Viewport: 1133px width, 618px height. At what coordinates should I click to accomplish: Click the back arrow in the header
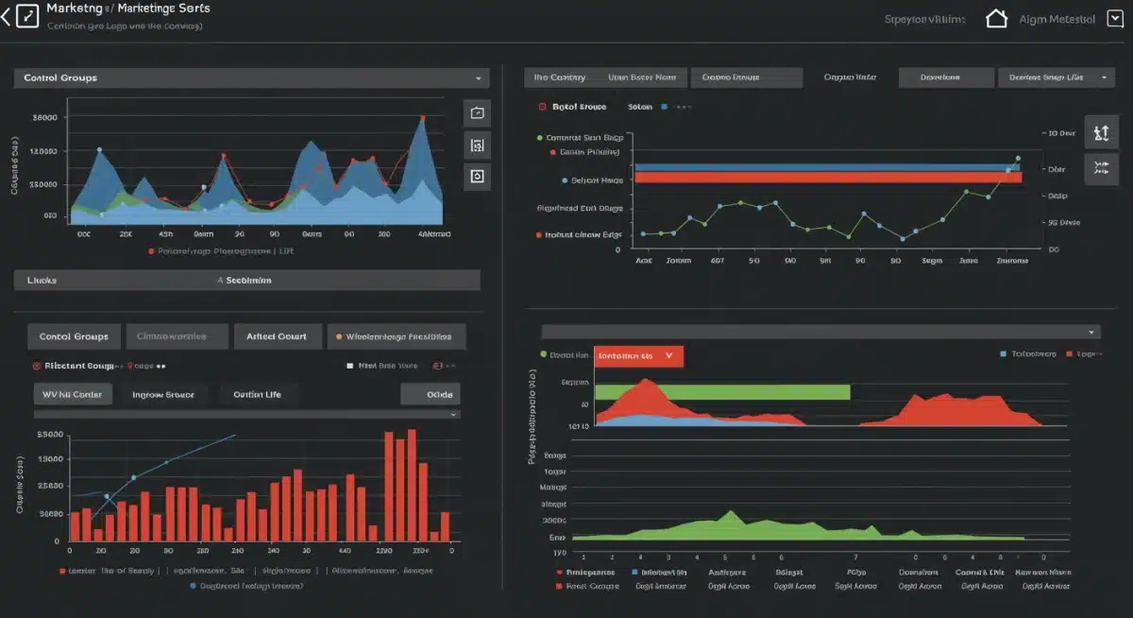(x=7, y=16)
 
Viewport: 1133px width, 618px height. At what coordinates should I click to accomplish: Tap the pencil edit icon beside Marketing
(x=27, y=16)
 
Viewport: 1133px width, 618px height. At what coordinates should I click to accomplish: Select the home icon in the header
(x=996, y=18)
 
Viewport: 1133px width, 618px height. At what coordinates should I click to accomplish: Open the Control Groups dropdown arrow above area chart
(x=478, y=78)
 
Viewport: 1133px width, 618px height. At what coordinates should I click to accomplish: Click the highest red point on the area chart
(x=422, y=118)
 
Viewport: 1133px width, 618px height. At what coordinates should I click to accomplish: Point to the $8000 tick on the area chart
(x=45, y=118)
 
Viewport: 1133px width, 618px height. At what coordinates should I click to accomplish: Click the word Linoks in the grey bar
(x=42, y=281)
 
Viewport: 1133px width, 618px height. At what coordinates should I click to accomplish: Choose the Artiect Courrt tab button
(x=276, y=336)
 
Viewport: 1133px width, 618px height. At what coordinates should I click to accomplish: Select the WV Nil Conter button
(x=73, y=394)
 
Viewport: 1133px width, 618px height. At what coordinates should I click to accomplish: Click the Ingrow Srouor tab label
(x=162, y=394)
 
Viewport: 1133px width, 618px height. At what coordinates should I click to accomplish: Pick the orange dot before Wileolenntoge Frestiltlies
(x=338, y=336)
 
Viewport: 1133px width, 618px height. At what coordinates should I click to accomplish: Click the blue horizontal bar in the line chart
(x=821, y=167)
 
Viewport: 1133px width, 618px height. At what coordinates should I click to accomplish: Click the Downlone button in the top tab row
(x=946, y=77)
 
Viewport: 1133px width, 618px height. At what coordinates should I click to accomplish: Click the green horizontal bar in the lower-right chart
(x=722, y=392)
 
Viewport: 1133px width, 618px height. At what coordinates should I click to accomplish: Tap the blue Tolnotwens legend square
(x=1003, y=354)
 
